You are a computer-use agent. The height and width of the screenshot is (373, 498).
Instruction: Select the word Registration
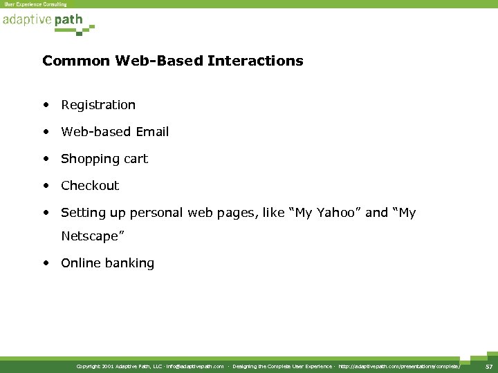click(x=98, y=105)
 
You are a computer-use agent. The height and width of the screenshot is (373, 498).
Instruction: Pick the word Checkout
click(x=90, y=185)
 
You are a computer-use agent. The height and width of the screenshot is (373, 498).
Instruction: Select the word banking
click(x=131, y=263)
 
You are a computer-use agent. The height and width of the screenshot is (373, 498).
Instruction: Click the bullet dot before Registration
click(x=45, y=105)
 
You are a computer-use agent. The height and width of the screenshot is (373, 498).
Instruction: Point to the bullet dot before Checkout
click(x=45, y=185)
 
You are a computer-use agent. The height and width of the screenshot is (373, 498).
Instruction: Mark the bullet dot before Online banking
click(x=45, y=263)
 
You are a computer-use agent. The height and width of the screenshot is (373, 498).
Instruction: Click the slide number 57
click(x=488, y=366)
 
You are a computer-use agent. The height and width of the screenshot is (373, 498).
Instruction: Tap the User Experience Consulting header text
click(x=35, y=4)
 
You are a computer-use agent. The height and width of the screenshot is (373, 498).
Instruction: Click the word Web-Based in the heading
click(x=142, y=61)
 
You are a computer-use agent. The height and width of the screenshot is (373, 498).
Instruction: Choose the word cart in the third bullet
click(x=136, y=159)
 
